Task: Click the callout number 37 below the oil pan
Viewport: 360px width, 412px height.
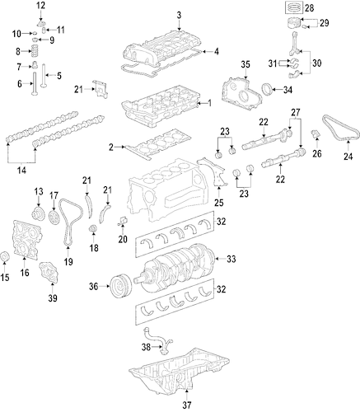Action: pos(186,405)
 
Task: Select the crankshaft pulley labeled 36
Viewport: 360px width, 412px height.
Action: pos(121,286)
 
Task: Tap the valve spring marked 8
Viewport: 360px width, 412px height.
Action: pos(35,51)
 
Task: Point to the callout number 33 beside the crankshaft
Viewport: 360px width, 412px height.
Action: pos(231,259)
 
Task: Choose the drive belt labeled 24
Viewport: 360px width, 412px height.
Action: pos(340,129)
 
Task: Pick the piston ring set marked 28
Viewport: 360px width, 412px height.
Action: pos(293,7)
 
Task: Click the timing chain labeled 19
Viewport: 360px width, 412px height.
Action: pos(71,220)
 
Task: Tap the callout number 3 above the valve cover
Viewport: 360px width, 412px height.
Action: pos(179,15)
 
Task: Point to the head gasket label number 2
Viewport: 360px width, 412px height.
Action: pos(111,147)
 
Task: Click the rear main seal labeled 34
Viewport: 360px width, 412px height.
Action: pos(267,90)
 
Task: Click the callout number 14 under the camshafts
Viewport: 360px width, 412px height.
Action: pos(21,171)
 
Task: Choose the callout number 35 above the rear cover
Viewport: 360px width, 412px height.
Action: pos(245,64)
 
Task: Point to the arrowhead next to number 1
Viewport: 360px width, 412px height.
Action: pos(199,104)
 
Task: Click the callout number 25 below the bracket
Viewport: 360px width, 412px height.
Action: pos(219,203)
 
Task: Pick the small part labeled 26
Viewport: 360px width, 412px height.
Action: pos(316,133)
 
